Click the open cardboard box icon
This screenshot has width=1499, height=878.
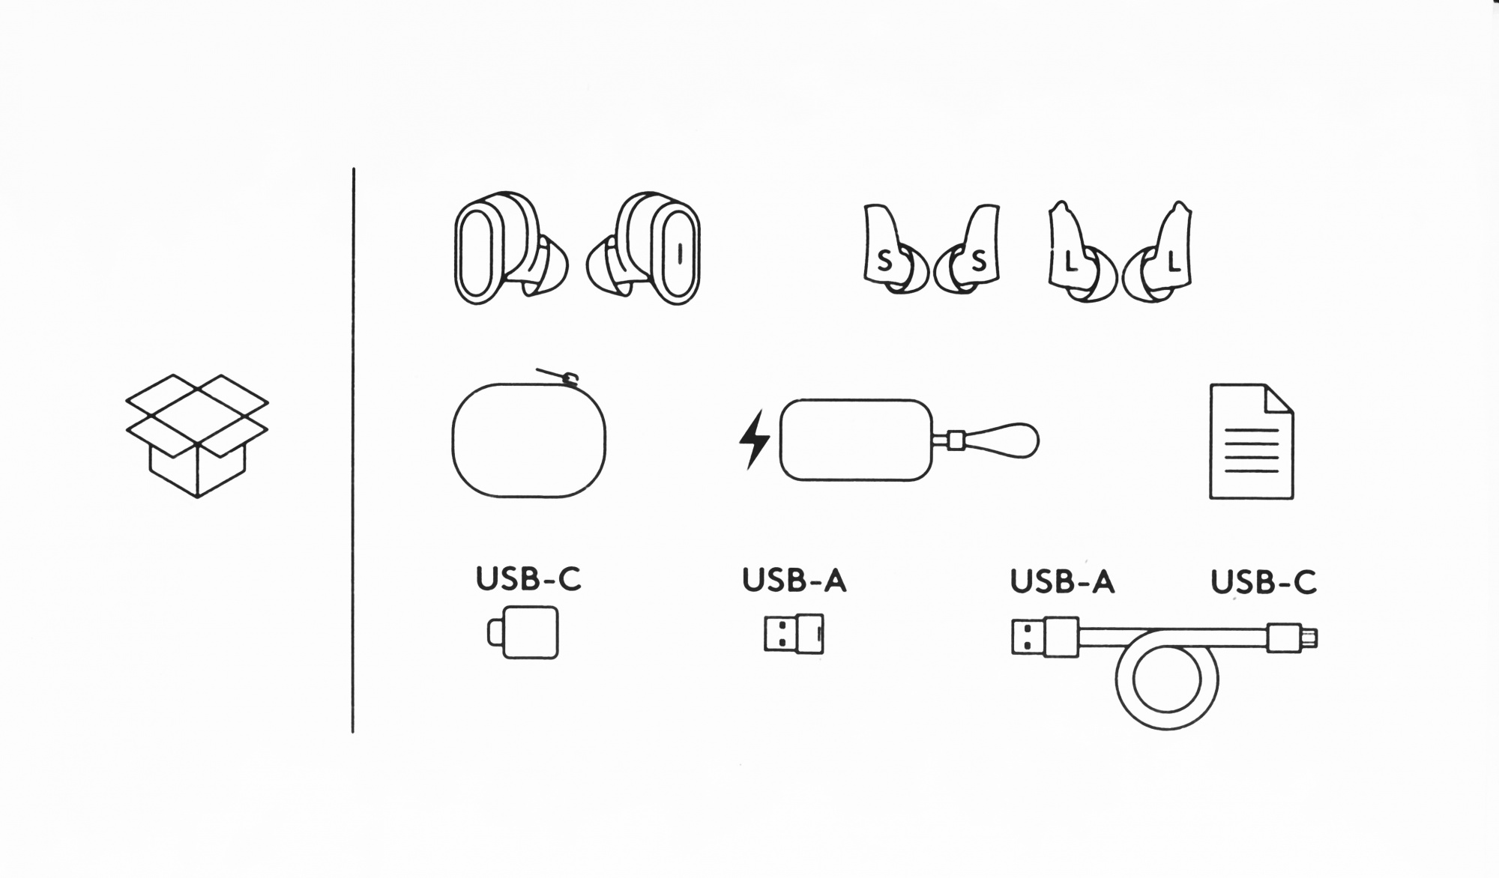coord(197,435)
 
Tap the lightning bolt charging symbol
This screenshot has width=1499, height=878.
coord(754,440)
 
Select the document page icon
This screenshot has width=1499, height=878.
coord(1252,441)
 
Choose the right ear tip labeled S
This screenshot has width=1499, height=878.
coord(967,249)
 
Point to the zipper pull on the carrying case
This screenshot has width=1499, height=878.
coord(558,375)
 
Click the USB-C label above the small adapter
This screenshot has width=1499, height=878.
coord(528,578)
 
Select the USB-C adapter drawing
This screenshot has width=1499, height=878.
coord(522,632)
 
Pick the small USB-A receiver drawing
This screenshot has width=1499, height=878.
coord(794,634)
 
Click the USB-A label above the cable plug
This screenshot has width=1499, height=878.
coord(1062,581)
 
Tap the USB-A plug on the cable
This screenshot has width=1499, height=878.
coord(1045,637)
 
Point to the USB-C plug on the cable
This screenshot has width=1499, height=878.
coord(1292,638)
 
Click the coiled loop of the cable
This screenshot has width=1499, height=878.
coord(1167,729)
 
